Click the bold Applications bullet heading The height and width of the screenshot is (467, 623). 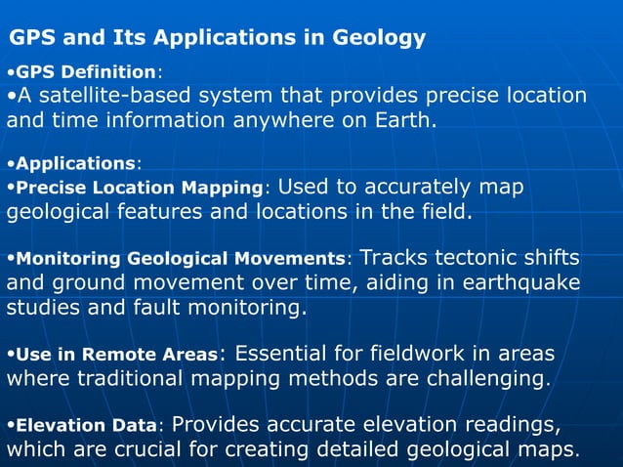[x=74, y=163]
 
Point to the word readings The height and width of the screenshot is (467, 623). [x=503, y=425]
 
